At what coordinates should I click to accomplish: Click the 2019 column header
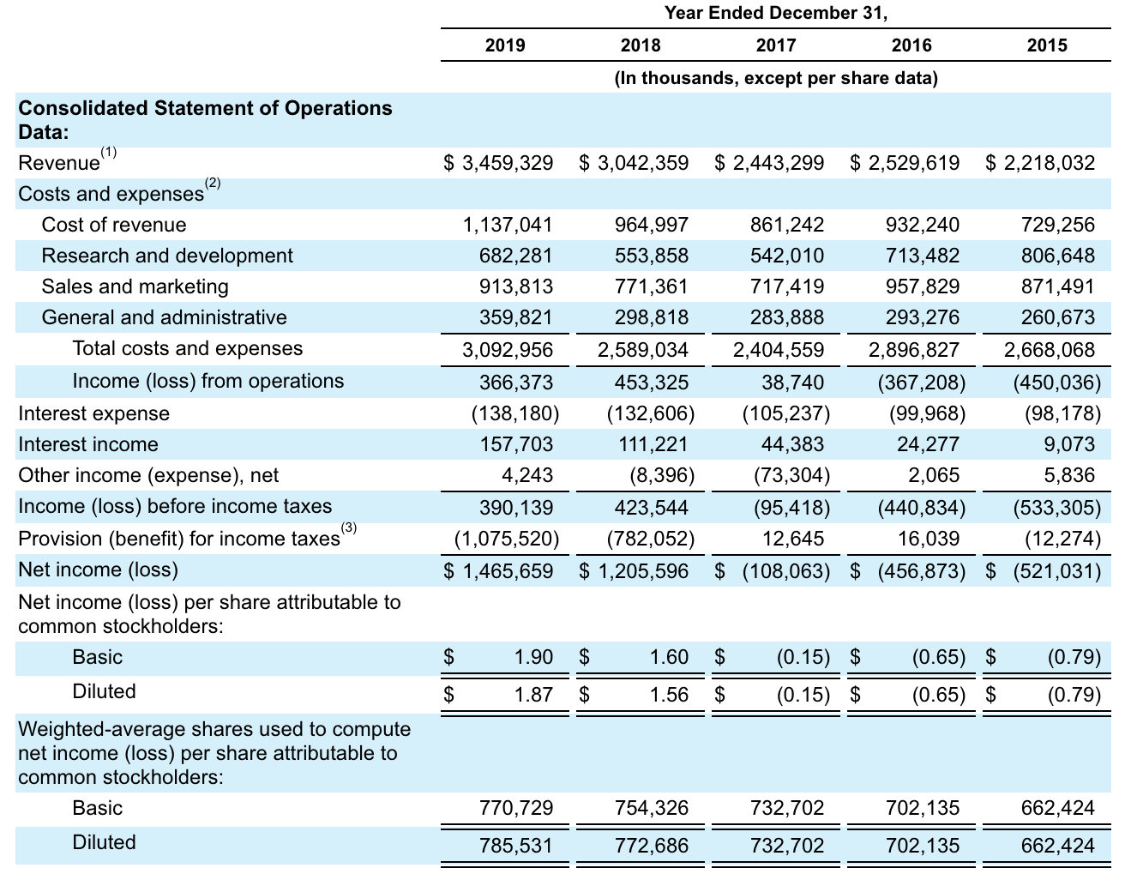tap(505, 45)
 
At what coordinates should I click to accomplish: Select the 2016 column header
tap(911, 45)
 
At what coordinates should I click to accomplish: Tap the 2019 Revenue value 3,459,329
tap(508, 163)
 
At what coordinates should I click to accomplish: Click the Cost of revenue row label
tap(114, 225)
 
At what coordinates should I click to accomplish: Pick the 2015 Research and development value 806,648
tap(1058, 256)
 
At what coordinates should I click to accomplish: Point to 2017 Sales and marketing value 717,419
tap(787, 286)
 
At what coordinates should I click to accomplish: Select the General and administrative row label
tap(164, 317)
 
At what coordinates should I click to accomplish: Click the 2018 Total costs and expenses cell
tap(642, 350)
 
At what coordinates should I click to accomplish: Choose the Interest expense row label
tap(93, 413)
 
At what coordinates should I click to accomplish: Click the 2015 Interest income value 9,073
tap(1069, 444)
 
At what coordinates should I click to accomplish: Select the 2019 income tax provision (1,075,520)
tap(507, 539)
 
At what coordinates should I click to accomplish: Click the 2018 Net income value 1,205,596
tap(643, 571)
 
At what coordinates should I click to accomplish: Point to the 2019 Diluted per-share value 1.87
tap(533, 694)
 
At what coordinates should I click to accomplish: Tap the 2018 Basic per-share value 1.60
tap(669, 657)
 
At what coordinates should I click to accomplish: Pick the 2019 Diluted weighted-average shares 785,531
tap(516, 846)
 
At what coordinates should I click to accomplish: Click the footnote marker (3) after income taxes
tap(349, 528)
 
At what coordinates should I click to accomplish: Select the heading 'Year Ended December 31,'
tap(775, 13)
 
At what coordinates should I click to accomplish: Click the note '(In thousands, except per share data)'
tap(775, 78)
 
